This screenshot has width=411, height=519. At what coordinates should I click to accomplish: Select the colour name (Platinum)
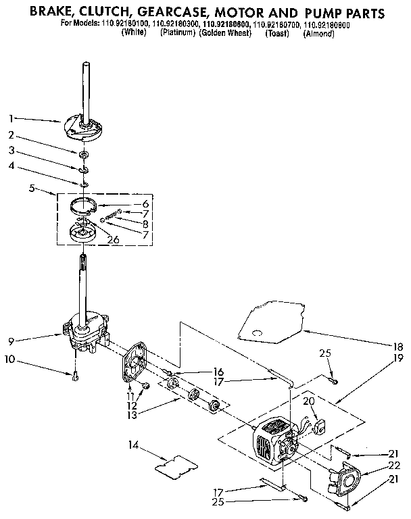pos(178,32)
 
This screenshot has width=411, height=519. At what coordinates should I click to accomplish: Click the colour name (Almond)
pos(319,32)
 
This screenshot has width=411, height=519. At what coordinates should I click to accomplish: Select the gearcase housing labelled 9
pos(84,331)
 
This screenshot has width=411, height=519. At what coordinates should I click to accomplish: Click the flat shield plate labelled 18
pos(270,322)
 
